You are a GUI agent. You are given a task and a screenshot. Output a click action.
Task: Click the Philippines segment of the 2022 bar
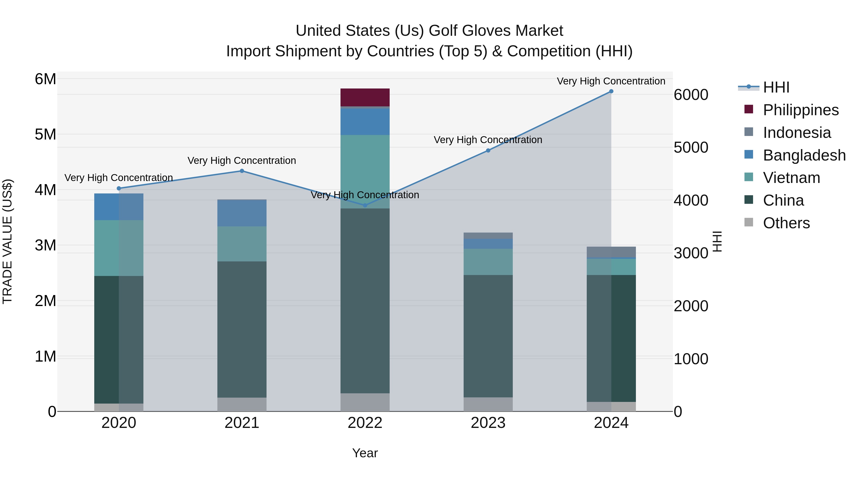pos(365,97)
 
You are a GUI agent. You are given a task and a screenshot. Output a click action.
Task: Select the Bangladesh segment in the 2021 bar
pos(242,213)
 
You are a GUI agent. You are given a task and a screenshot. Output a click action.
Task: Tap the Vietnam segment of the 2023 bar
pos(488,262)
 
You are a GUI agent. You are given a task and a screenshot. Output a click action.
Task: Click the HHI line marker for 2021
pos(242,171)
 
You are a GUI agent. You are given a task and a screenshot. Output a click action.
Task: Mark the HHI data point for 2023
pos(488,150)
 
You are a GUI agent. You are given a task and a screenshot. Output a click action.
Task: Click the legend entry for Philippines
pos(800,110)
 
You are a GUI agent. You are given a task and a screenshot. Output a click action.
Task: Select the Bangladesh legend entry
pos(804,155)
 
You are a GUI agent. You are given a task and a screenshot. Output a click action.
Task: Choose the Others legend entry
pos(786,223)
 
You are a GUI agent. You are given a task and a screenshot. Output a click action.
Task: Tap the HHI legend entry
pos(776,87)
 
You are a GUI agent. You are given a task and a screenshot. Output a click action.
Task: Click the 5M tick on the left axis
pos(45,135)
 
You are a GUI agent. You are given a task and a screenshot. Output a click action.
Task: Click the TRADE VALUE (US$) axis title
pos(8,241)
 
